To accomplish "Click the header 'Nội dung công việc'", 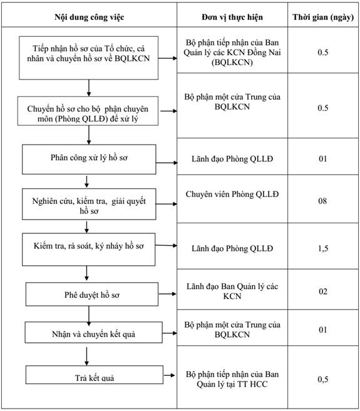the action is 89,18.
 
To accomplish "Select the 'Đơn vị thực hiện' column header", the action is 232,18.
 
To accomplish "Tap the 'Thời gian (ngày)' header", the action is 323,18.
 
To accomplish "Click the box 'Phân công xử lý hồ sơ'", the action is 89,160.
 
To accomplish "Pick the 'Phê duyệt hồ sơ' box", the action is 92,294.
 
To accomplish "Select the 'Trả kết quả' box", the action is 95,375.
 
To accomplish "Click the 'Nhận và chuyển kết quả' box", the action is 94,332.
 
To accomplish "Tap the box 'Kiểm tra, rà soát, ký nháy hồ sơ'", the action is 89,250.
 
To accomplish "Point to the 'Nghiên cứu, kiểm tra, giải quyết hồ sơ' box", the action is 89,204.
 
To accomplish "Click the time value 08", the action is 322,201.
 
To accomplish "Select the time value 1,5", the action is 323,248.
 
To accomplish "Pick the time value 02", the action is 323,292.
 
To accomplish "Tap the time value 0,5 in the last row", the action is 323,379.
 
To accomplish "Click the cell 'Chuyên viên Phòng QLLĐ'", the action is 232,194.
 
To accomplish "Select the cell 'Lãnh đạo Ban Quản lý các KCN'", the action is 232,292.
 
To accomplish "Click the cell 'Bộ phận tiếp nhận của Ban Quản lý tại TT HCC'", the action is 232,379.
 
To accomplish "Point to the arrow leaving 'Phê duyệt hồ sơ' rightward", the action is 167,294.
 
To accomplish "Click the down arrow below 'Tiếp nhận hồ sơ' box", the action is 89,88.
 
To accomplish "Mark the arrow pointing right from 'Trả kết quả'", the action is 169,375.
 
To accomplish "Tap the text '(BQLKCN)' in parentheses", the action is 232,63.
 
